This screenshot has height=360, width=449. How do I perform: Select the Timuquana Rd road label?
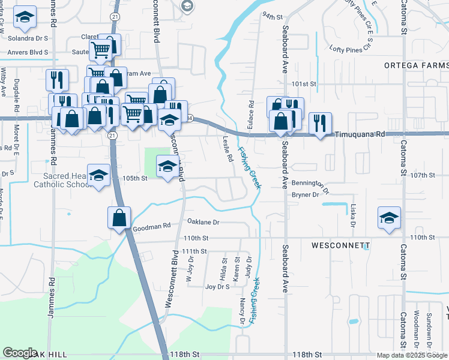click(x=359, y=136)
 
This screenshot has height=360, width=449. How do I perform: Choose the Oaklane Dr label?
click(x=203, y=222)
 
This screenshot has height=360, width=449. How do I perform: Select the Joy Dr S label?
click(x=217, y=287)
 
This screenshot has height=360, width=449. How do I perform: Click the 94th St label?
click(x=272, y=16)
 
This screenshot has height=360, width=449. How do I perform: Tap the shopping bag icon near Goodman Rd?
click(x=119, y=217)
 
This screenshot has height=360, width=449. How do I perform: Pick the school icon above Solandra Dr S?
click(x=24, y=19)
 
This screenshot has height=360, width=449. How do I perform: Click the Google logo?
click(x=20, y=353)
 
